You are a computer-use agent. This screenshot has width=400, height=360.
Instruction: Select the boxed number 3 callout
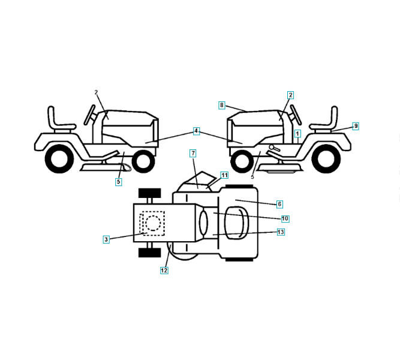tap(106, 239)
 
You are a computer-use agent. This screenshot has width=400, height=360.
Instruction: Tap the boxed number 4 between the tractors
tap(196, 130)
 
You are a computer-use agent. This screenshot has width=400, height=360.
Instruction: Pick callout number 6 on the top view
tap(279, 204)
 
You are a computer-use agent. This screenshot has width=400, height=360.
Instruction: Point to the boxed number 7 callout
tap(193, 154)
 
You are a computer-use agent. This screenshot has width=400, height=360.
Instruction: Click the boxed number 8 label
tap(222, 105)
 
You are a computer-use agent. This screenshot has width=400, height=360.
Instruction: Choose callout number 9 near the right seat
tap(356, 126)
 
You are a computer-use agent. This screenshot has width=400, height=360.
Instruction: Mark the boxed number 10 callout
tap(285, 218)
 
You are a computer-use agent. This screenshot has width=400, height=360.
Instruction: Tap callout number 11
tap(224, 175)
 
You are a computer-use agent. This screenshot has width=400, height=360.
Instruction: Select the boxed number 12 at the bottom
tap(164, 270)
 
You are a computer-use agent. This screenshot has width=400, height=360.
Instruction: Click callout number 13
tap(281, 232)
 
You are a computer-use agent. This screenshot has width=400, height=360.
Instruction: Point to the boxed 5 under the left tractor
tap(118, 181)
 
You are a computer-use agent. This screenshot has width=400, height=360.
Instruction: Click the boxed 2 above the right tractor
tap(290, 95)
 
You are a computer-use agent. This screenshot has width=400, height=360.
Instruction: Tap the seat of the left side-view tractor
tap(61, 120)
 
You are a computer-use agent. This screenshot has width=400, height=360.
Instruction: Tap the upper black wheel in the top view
tap(149, 193)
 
